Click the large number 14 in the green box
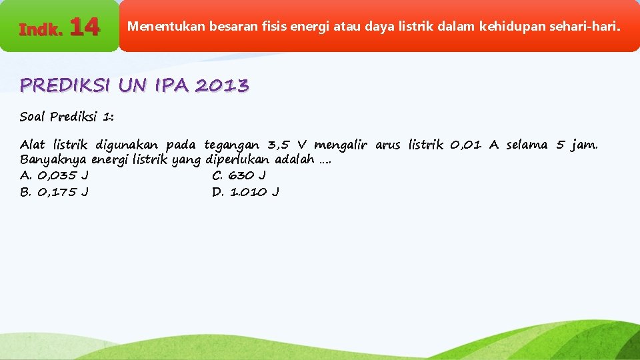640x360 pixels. [85, 27]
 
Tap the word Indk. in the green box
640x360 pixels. [41, 29]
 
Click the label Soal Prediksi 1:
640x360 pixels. [67, 117]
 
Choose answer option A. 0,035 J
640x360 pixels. [54, 176]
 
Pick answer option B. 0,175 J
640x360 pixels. [54, 192]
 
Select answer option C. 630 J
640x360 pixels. [239, 176]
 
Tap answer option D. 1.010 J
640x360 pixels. [245, 192]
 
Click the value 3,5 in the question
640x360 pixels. [279, 145]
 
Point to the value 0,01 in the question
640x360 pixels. [465, 145]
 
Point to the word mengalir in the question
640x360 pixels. [341, 145]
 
